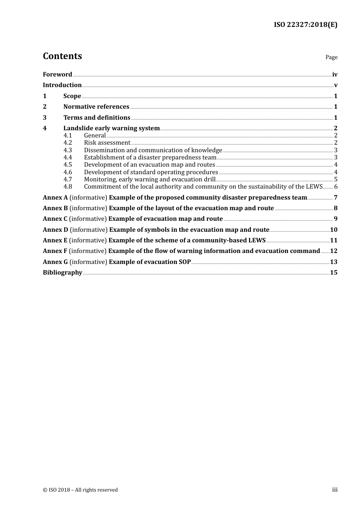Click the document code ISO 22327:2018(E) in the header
[x=305, y=25]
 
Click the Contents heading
[x=62, y=56]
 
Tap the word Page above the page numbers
[x=331, y=57]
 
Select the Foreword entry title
[x=57, y=75]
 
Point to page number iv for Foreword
[x=335, y=75]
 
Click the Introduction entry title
[x=62, y=85]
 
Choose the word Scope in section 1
[x=72, y=96]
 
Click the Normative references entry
[x=96, y=107]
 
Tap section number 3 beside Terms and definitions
[x=45, y=118]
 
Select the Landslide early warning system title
[x=111, y=128]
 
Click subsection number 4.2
[x=67, y=143]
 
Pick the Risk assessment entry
[x=107, y=143]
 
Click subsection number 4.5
[x=67, y=165]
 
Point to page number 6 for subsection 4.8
[x=336, y=187]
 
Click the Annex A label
[x=55, y=198]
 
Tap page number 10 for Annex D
[x=333, y=230]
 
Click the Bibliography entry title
[x=63, y=273]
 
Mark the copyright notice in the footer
[x=80, y=490]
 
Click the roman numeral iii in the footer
[x=335, y=490]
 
